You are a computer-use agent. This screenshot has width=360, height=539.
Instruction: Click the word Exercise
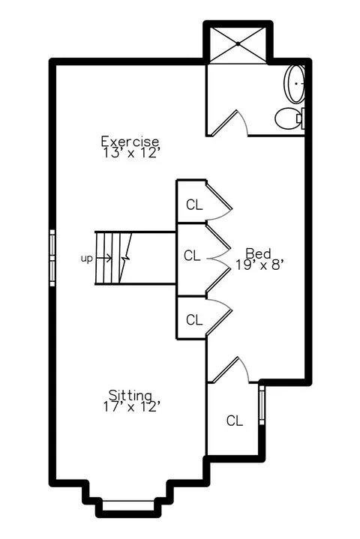coord(130,141)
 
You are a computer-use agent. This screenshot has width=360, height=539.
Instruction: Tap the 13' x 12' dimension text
coord(132,153)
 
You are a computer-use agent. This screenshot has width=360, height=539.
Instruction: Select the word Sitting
coord(130,395)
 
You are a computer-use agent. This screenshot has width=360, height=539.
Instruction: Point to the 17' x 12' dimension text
coord(132,406)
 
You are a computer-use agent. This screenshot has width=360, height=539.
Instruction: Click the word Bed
coord(258,253)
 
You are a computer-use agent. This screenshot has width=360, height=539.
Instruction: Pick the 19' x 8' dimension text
coord(259,265)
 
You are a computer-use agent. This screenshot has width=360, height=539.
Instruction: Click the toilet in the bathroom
coord(289,118)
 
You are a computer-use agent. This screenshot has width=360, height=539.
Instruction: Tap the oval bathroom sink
coord(294,83)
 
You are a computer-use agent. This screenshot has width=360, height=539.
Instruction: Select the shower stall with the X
coord(238,44)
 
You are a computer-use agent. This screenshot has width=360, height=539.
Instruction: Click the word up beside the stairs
coord(87,258)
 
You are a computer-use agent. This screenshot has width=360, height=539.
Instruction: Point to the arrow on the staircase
coord(103,258)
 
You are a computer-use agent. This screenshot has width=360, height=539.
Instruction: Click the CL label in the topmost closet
coord(194,205)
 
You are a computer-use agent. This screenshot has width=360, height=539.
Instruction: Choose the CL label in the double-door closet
coord(192,256)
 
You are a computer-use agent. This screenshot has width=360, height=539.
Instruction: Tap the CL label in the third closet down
coord(194,320)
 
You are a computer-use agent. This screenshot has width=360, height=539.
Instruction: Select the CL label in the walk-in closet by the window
coord(235,421)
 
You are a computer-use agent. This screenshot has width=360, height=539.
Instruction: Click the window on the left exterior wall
coord(52,258)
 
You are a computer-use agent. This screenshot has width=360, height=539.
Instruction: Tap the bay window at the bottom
coord(128,506)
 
